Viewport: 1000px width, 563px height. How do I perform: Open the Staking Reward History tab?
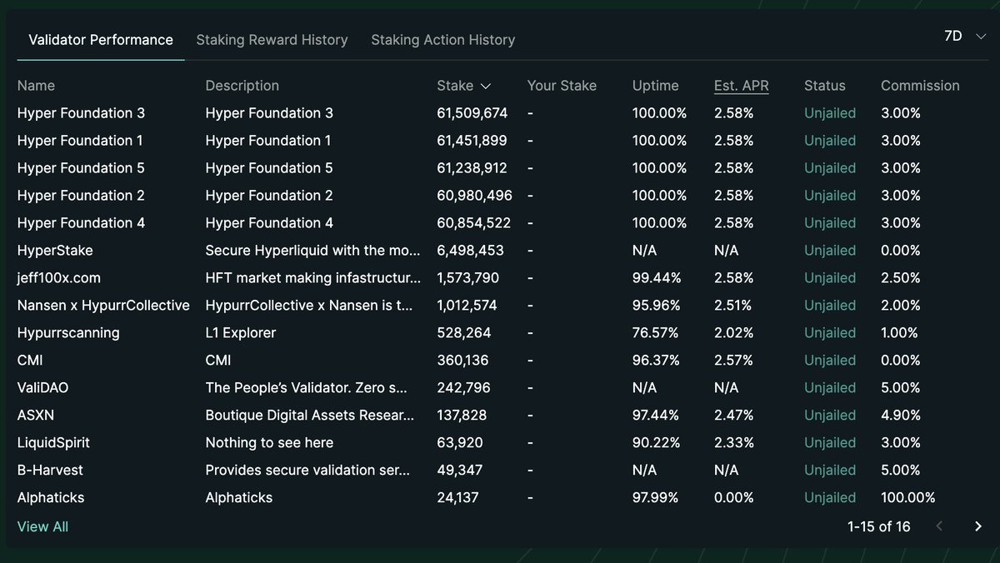[272, 40]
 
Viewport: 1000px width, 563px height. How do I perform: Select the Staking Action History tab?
[442, 40]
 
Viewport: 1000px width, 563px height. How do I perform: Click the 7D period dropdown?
[964, 37]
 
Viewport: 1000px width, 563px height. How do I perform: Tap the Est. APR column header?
[741, 86]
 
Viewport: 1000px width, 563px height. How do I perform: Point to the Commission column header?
[920, 86]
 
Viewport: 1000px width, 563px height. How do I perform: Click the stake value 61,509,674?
[472, 113]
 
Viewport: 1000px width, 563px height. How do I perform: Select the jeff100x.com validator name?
[59, 278]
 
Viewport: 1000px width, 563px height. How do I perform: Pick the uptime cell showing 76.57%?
[655, 333]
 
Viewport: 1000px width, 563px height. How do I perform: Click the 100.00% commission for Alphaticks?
[907, 498]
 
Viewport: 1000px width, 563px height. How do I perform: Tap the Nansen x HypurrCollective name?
[103, 306]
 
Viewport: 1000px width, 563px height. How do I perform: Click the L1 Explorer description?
[240, 333]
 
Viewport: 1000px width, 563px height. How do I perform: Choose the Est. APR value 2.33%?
[733, 443]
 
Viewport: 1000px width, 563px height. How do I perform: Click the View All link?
[42, 527]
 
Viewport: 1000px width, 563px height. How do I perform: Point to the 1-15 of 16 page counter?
[878, 527]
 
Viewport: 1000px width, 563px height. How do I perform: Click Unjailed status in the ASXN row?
[829, 416]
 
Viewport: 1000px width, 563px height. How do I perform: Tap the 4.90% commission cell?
[900, 416]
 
